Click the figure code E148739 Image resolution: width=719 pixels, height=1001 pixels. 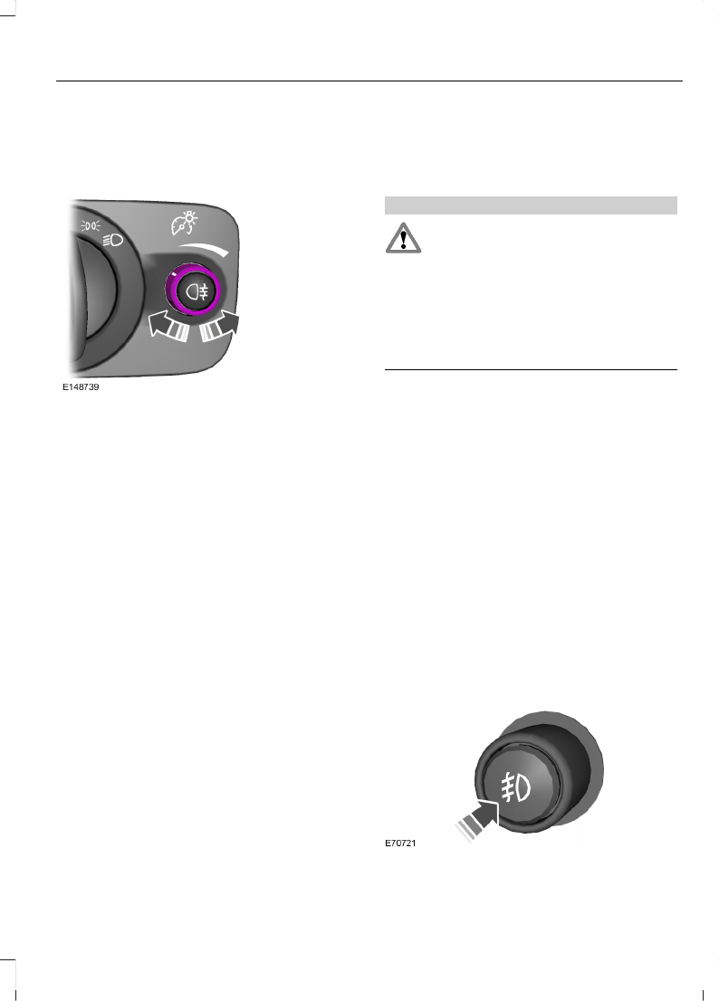(x=81, y=386)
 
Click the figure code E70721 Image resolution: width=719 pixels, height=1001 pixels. (x=400, y=843)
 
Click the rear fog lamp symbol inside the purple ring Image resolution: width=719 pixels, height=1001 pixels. (x=197, y=292)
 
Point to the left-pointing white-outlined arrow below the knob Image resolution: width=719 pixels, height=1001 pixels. (x=168, y=326)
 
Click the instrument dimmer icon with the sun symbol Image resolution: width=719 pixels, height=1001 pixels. (x=185, y=222)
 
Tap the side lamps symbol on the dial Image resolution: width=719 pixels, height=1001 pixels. (x=90, y=224)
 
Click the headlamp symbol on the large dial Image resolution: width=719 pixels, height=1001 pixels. (x=112, y=240)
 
